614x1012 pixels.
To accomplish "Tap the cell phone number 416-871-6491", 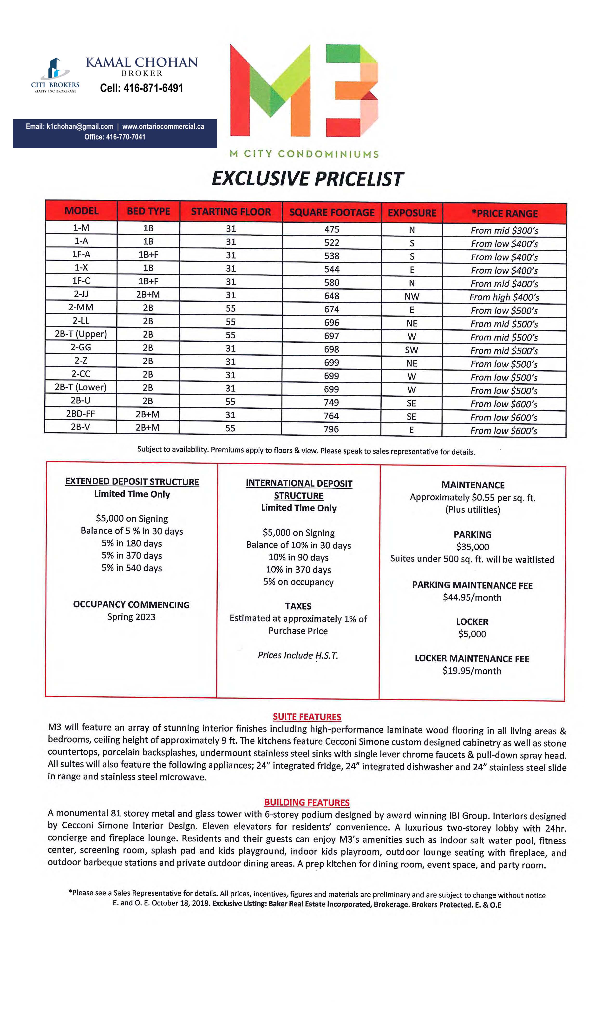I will click(x=142, y=88).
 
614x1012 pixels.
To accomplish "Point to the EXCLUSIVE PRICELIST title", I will click(x=307, y=179).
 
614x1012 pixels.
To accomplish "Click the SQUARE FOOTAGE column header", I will click(x=332, y=212).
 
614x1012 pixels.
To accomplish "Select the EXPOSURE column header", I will click(x=412, y=213).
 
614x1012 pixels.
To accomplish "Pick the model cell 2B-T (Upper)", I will click(x=81, y=334).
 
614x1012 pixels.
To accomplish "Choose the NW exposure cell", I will click(x=412, y=296).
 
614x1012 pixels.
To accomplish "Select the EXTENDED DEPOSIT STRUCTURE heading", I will click(x=132, y=482).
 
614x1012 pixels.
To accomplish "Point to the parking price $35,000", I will click(x=472, y=547).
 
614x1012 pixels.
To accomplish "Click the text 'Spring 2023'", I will click(x=131, y=617).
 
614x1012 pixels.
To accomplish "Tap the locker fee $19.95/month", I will click(x=472, y=671).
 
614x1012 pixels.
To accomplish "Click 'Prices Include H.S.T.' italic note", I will click(x=298, y=655).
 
